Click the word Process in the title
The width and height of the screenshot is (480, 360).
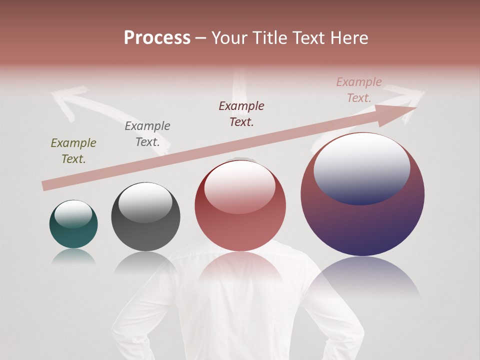pyautogui.click(x=157, y=38)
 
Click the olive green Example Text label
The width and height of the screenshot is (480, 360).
pyautogui.click(x=73, y=151)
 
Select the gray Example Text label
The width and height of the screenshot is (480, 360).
pyautogui.click(x=147, y=134)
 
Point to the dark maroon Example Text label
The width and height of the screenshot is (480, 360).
pyautogui.click(x=241, y=114)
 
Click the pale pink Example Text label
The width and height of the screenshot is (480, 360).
pyautogui.click(x=359, y=90)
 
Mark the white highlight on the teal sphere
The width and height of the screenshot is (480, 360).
pyautogui.click(x=73, y=213)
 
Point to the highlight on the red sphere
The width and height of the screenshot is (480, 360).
pyautogui.click(x=239, y=186)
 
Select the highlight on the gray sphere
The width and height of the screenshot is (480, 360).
pyautogui.click(x=145, y=201)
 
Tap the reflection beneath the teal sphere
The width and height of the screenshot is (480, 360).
pyautogui.click(x=73, y=256)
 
